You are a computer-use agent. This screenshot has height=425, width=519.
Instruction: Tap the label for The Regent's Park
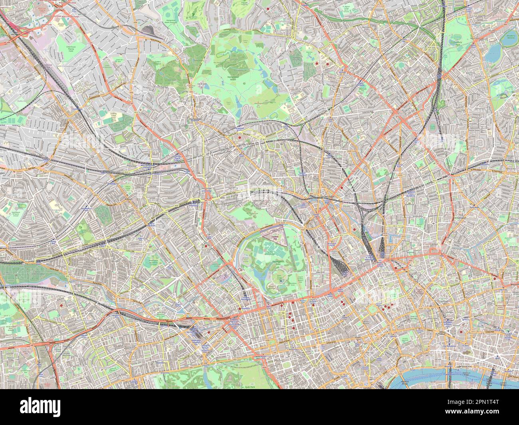(x=279, y=262)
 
